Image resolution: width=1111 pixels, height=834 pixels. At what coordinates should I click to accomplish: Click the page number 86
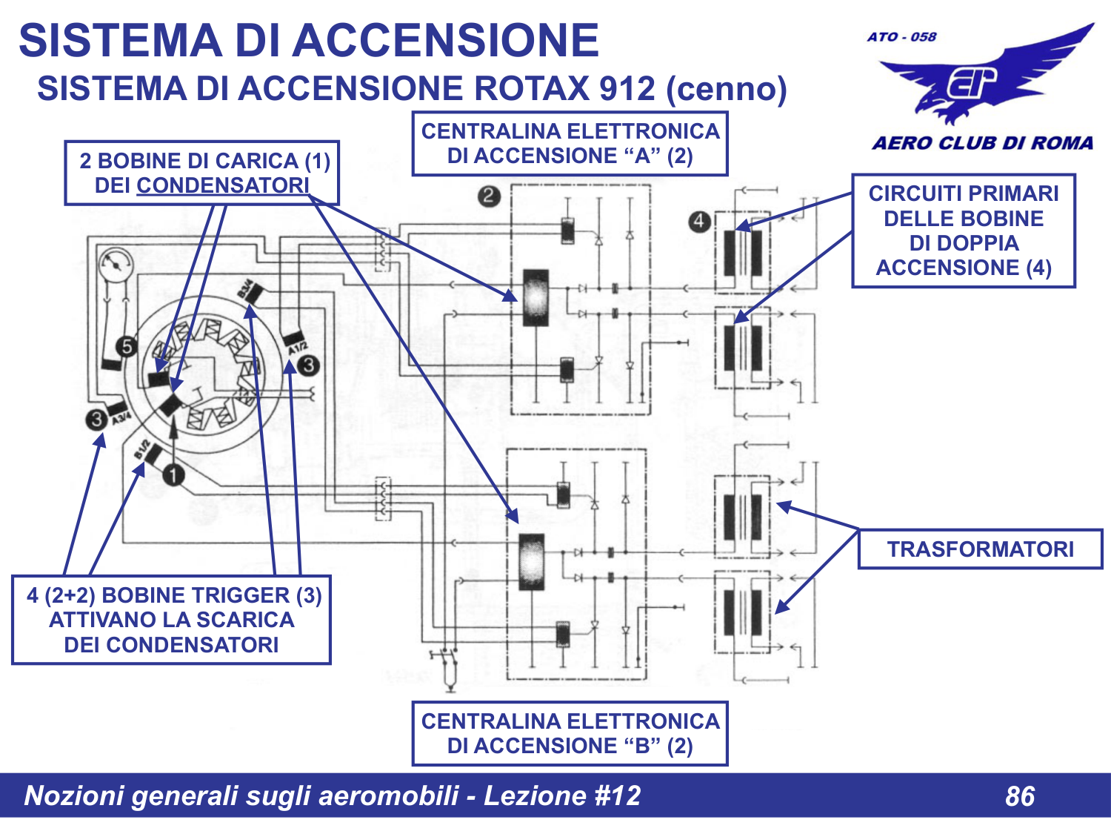click(x=1019, y=796)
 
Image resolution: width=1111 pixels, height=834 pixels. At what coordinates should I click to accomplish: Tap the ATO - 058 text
click(x=901, y=37)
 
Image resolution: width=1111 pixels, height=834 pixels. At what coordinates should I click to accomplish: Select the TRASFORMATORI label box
click(x=980, y=549)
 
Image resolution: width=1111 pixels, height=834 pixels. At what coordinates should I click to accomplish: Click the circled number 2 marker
click(x=489, y=196)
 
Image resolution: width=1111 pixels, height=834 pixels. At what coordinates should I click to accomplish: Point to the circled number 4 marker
click(x=699, y=221)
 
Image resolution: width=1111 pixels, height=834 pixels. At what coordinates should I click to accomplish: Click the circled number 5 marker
click(x=127, y=346)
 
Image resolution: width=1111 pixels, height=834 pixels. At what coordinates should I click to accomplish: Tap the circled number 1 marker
click(x=173, y=474)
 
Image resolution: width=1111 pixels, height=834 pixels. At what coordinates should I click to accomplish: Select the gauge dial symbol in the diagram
click(x=116, y=265)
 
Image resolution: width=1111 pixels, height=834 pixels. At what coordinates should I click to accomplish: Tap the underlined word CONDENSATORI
click(x=222, y=185)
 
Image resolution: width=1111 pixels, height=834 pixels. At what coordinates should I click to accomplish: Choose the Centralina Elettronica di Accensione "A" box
click(x=570, y=144)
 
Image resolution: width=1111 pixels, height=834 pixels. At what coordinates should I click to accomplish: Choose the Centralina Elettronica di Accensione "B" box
click(x=570, y=734)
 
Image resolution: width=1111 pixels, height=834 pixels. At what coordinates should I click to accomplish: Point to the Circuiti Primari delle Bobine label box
click(x=963, y=231)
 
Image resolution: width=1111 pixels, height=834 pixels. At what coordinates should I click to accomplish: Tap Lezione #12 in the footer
click(x=562, y=795)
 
